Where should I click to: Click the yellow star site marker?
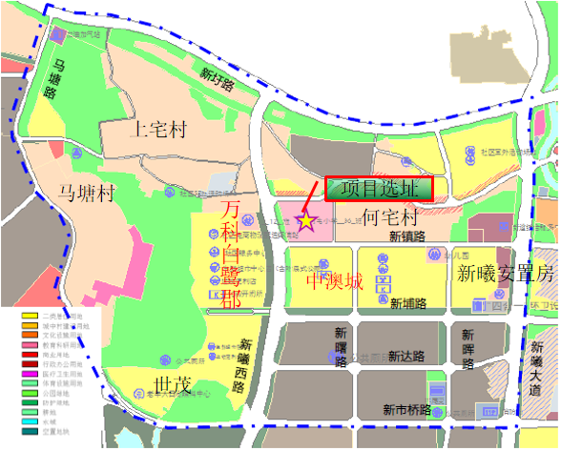(x=305, y=221)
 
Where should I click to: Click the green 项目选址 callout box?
(x=380, y=189)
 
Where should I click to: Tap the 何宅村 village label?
(x=391, y=218)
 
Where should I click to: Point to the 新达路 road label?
(x=405, y=356)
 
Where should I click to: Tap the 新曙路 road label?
(x=341, y=347)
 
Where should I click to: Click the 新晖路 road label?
(x=467, y=348)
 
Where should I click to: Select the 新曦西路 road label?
(x=245, y=366)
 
